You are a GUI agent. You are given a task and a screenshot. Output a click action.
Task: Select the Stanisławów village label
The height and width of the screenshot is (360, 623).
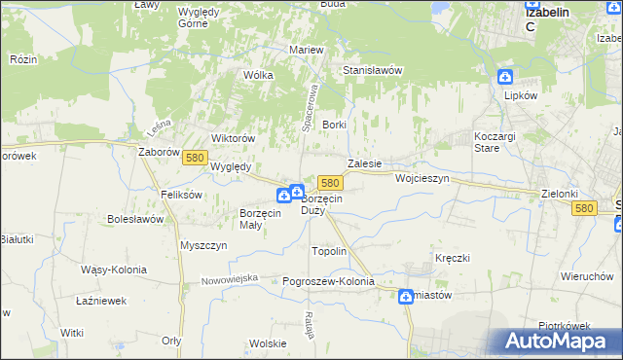point(373,71)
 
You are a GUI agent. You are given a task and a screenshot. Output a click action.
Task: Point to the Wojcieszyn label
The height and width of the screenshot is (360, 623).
point(422,179)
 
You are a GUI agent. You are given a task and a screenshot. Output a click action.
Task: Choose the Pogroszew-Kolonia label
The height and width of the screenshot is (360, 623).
point(328,281)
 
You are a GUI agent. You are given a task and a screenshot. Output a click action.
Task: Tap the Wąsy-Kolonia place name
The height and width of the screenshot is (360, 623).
point(114,270)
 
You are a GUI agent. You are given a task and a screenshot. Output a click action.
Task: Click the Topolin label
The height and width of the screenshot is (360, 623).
point(328,251)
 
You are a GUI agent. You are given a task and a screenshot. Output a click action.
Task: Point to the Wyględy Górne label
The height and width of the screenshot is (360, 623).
point(205,17)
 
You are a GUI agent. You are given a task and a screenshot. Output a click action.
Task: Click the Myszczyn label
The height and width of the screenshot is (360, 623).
point(203,245)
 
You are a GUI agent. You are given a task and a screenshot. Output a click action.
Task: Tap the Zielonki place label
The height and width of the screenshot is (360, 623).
point(560,194)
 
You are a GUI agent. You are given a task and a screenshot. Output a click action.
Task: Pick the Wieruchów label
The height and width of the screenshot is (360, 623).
point(585,275)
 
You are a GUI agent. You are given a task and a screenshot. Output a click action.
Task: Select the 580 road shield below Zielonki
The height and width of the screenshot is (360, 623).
point(584,208)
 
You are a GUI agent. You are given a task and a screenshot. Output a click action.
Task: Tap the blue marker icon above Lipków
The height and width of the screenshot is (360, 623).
point(505,77)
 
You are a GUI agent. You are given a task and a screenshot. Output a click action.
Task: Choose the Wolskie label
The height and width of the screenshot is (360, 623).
point(268,343)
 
